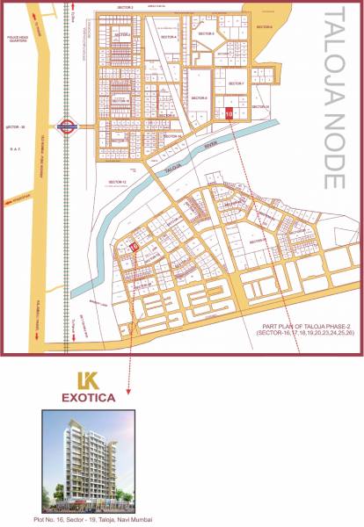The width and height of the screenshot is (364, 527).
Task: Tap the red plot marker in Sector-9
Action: [x=229, y=112]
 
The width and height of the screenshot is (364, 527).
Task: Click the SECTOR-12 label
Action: [x=118, y=181]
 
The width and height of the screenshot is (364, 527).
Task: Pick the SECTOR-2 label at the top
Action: [x=124, y=7]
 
